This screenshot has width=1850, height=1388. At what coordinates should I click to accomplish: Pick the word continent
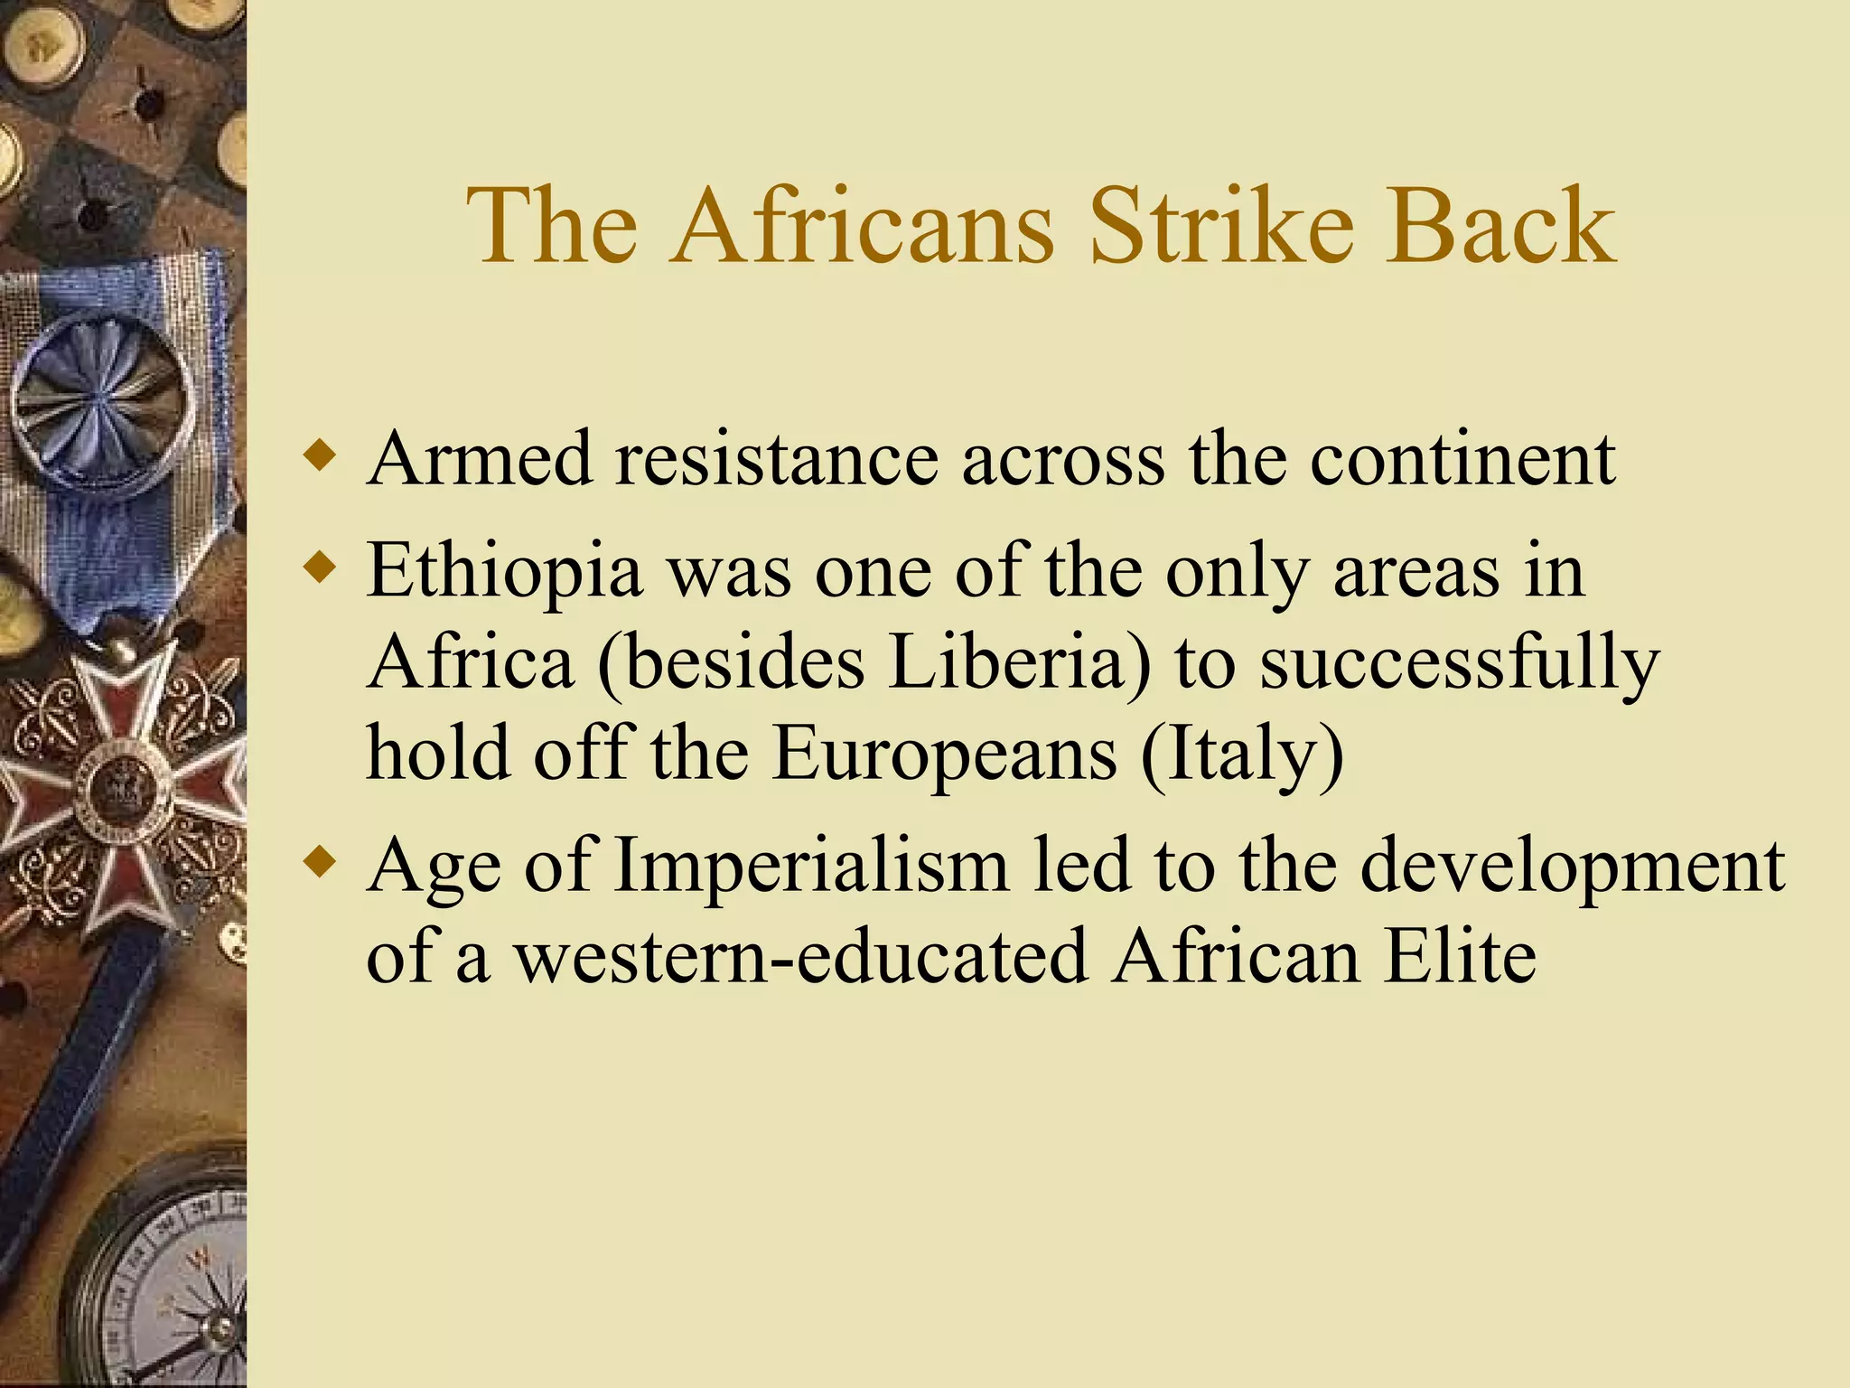[1462, 459]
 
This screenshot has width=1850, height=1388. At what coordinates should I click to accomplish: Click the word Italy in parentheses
[1243, 755]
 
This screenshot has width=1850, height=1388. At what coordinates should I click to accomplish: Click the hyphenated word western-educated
[800, 957]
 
